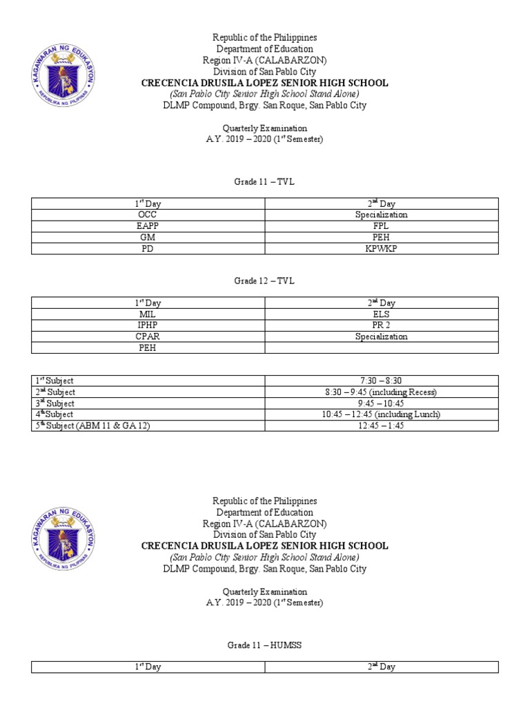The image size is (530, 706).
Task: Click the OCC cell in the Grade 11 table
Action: (148, 214)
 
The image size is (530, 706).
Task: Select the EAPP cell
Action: (148, 225)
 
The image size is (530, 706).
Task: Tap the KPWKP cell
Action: (381, 248)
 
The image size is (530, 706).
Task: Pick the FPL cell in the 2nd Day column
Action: (381, 225)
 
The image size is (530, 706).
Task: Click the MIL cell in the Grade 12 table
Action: (148, 314)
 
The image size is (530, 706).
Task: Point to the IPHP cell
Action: (148, 325)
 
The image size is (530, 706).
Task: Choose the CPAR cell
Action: (148, 336)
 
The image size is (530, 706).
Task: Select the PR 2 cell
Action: (381, 325)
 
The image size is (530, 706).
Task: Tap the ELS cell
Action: (381, 314)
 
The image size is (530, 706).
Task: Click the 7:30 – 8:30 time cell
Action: (381, 381)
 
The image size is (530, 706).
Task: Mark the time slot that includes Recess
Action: (381, 392)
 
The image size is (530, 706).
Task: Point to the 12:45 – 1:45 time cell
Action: (381, 425)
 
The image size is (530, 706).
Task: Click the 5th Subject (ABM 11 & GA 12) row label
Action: (92, 425)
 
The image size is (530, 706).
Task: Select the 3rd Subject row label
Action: (55, 403)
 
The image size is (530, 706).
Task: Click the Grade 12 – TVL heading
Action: (264, 281)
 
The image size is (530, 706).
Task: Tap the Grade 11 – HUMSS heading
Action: (264, 645)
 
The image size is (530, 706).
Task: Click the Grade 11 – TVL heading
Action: (264, 181)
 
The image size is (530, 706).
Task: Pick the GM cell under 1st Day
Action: (148, 237)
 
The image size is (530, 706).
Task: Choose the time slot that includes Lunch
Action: (381, 414)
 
